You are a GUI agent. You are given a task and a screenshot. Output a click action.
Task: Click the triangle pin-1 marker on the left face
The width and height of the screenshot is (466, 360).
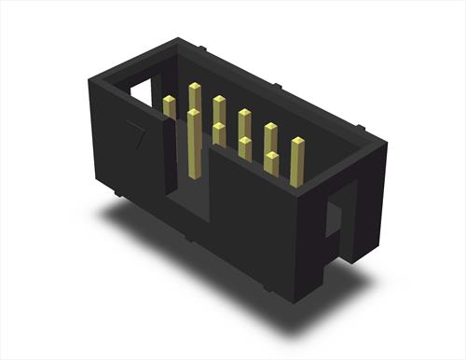[137, 136]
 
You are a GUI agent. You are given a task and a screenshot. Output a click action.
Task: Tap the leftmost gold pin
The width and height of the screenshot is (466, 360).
[170, 107]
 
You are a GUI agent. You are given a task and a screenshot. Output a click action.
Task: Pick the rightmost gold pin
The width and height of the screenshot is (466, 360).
[298, 162]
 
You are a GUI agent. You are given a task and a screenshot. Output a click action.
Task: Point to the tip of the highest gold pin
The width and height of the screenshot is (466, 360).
[195, 88]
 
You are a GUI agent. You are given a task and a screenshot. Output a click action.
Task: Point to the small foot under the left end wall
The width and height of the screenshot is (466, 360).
[121, 193]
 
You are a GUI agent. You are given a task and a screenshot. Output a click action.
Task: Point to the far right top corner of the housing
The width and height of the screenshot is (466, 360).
[385, 141]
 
